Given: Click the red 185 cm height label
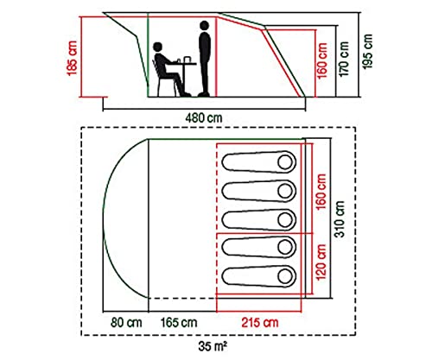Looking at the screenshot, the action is (73, 59).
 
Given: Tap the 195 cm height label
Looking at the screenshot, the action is (367, 52).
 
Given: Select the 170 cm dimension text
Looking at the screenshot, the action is (344, 59).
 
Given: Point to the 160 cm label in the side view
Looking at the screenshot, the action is (322, 60).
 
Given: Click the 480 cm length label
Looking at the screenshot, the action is (204, 118).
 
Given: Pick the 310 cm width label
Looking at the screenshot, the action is (340, 219).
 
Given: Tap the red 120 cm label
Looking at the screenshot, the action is (321, 262).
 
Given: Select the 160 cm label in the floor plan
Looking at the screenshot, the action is (321, 192).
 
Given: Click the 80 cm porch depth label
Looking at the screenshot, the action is (126, 322).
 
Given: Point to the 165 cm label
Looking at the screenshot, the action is (179, 322).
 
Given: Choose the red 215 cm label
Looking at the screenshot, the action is (260, 322).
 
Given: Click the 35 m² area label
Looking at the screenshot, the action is (213, 346).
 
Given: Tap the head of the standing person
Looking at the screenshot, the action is (204, 26).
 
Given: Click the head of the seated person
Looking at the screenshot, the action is (158, 47).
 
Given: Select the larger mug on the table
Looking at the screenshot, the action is (187, 59).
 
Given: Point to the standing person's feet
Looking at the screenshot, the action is (204, 94).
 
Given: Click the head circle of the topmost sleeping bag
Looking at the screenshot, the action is (285, 162).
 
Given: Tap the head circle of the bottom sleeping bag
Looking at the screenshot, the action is (285, 276).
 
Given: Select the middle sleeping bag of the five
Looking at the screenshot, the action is (259, 219).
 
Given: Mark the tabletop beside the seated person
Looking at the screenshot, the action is (181, 64).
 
